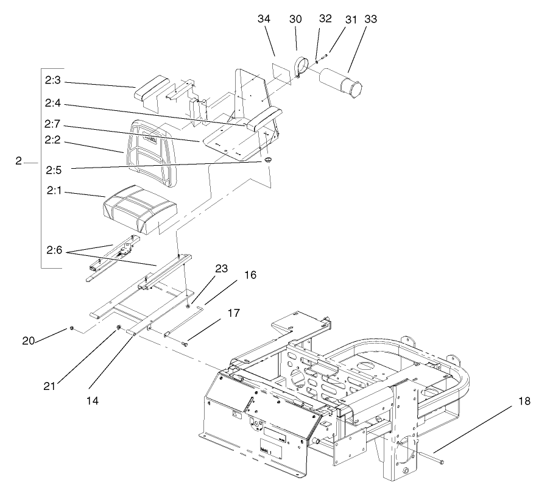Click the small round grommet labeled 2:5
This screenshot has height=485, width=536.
(x=267, y=160)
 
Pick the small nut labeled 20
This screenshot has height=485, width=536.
(x=72, y=328)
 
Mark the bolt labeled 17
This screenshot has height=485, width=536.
(x=186, y=345)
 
